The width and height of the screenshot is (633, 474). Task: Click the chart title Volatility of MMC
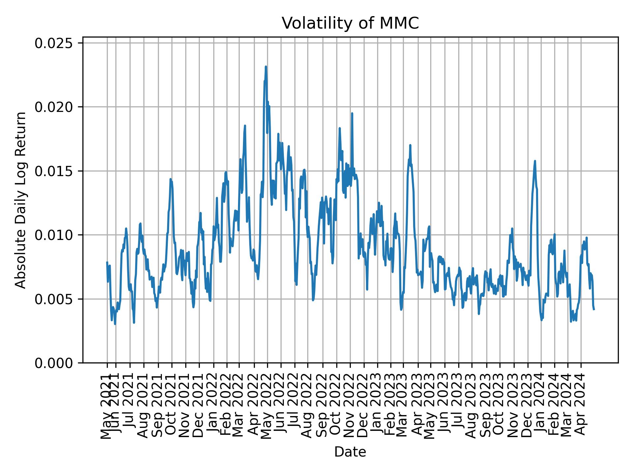tap(350, 24)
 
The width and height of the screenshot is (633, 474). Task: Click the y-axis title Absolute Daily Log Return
tap(21, 200)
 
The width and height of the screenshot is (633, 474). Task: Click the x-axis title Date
tap(350, 452)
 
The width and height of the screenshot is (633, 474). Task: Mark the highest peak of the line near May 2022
tap(266, 67)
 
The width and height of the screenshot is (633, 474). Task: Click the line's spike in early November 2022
tap(352, 113)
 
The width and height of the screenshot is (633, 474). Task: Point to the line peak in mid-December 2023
tap(535, 161)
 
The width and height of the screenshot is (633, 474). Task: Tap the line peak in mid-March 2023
tap(410, 145)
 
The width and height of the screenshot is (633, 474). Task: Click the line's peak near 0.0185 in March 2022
tap(245, 126)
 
